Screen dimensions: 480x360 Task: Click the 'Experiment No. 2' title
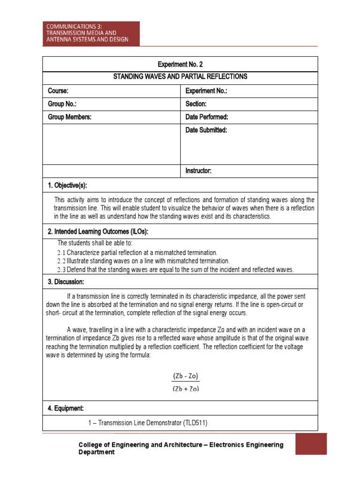click(x=180, y=64)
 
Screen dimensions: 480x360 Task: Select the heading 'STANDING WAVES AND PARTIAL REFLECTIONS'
click(x=180, y=77)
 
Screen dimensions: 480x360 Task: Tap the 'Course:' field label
click(x=58, y=91)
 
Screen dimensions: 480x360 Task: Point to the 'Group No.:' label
click(x=62, y=104)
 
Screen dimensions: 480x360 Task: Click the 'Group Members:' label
click(x=69, y=117)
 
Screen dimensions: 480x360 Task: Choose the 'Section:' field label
click(x=196, y=104)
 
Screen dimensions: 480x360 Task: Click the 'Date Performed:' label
click(x=207, y=117)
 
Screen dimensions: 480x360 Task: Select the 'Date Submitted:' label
click(x=206, y=130)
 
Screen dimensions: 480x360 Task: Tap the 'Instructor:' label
click(x=199, y=171)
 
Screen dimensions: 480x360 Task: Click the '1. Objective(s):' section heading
click(x=67, y=186)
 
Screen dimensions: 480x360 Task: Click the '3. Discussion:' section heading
click(x=66, y=282)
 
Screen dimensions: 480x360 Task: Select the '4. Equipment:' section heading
click(x=66, y=409)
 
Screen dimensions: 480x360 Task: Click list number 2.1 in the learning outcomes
click(x=61, y=253)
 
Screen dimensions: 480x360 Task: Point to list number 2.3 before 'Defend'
click(x=61, y=270)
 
